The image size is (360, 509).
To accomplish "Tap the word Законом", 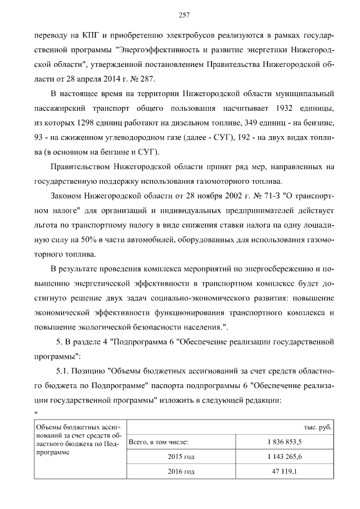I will click(x=66, y=196).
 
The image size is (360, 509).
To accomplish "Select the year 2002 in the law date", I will click(x=222, y=196).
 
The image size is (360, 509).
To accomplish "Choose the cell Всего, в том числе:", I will click(x=159, y=442).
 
